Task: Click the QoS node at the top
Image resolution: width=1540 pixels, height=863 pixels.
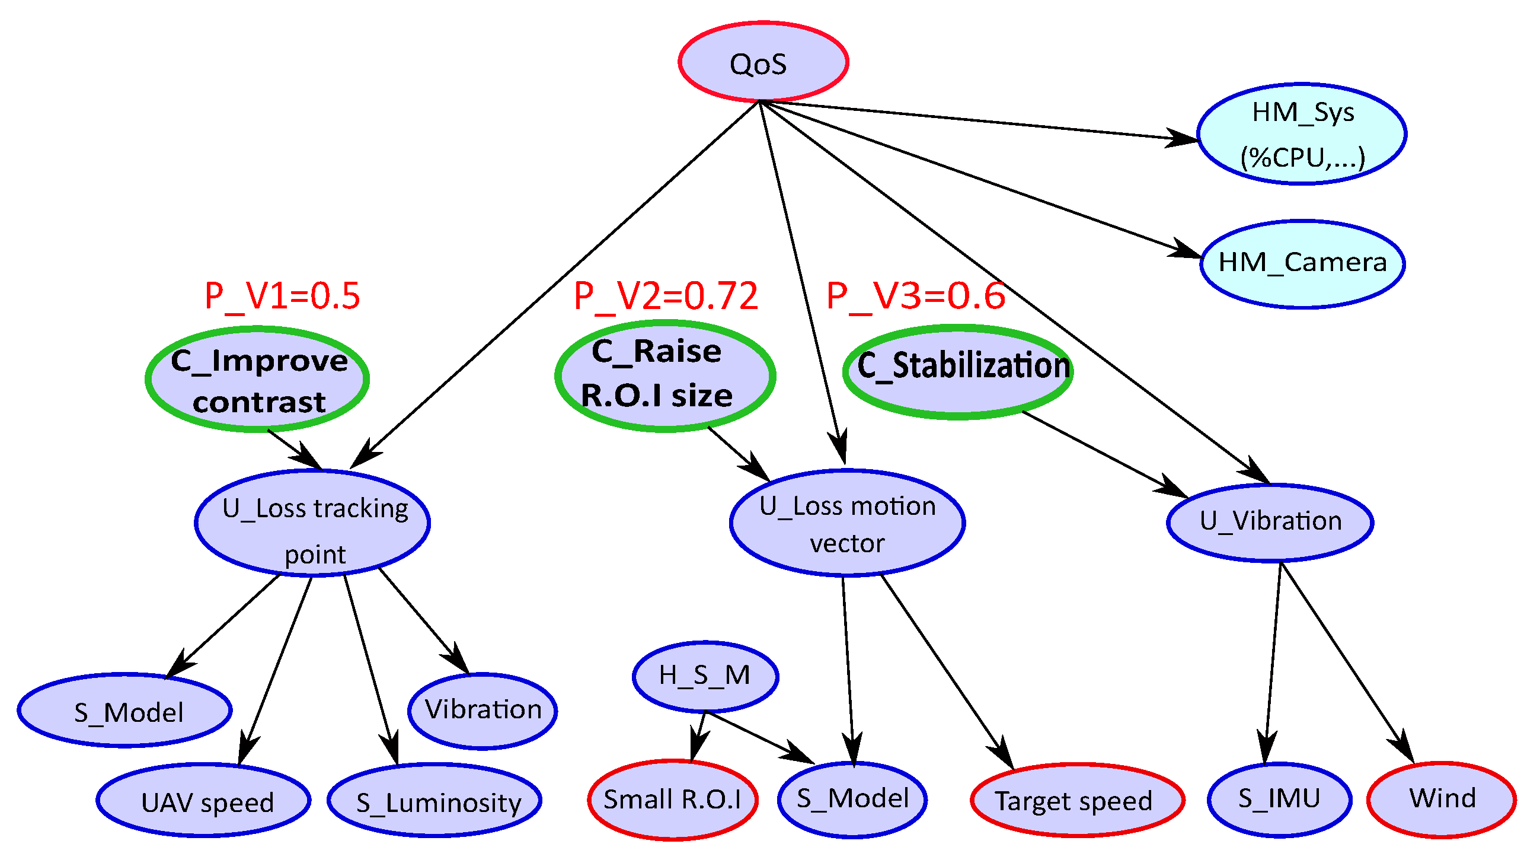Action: point(763,62)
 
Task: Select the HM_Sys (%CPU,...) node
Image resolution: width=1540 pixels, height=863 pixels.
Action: point(1302,134)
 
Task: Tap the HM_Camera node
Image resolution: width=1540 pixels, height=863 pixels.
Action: point(1302,264)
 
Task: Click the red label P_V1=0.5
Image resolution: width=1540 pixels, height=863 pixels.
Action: point(282,295)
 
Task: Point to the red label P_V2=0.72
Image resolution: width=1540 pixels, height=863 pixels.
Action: point(666,295)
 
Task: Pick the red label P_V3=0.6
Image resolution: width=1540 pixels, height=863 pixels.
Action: point(915,295)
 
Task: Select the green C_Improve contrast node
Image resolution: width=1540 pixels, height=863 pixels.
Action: point(258,379)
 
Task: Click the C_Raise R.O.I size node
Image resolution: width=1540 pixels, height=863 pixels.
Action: point(664,375)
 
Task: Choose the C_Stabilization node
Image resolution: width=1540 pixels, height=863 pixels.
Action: point(958,371)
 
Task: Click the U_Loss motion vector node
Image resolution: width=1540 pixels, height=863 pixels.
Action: point(846,523)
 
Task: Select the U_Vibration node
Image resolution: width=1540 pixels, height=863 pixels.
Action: point(1270,522)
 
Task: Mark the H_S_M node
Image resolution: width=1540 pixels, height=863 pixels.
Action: point(705,676)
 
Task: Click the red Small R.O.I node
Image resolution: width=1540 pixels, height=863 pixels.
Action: point(673,800)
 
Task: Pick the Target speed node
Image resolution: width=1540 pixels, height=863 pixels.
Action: point(1076,800)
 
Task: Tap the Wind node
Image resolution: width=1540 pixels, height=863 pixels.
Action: point(1441,800)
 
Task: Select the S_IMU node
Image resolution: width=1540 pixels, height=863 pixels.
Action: point(1279,800)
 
